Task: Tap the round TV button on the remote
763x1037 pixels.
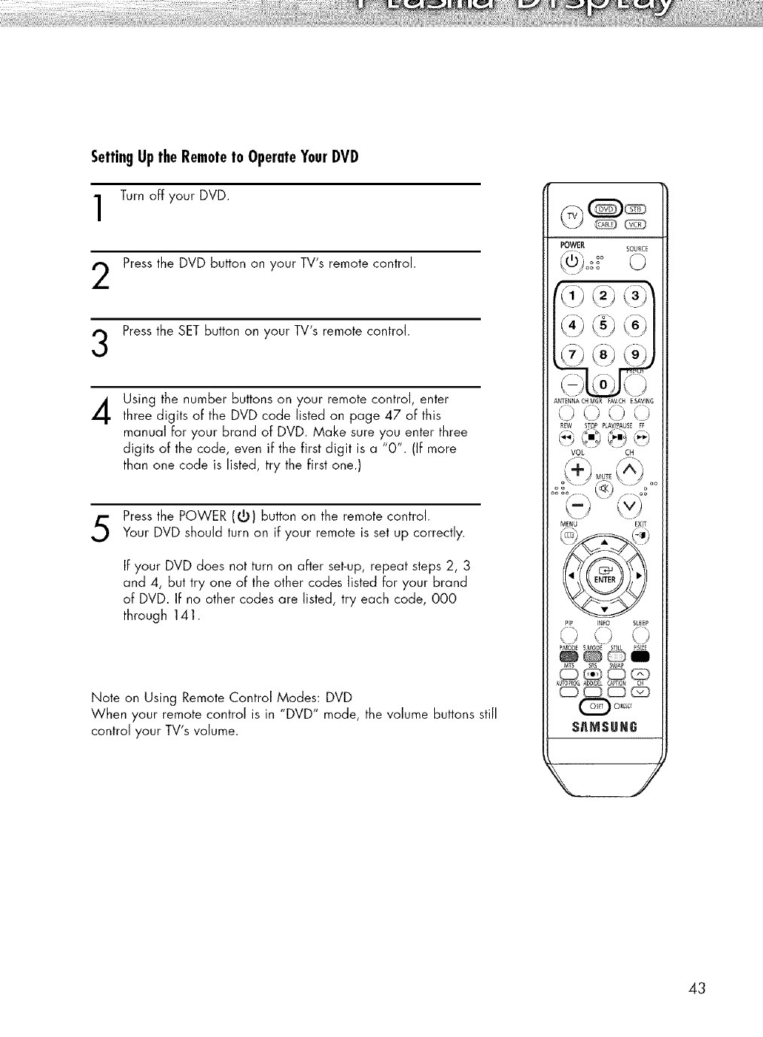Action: pos(573,217)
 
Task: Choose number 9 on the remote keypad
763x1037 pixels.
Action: pos(637,357)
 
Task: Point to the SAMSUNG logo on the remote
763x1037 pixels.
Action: pos(605,728)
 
